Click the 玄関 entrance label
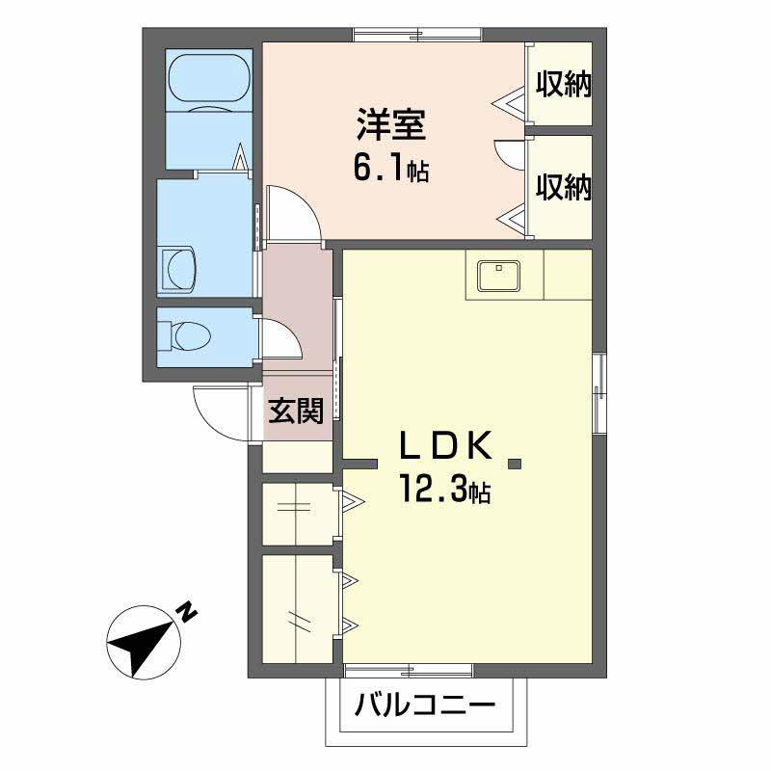(x=295, y=412)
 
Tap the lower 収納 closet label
(x=563, y=187)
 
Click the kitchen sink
(x=498, y=275)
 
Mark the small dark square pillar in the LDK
(x=515, y=465)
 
